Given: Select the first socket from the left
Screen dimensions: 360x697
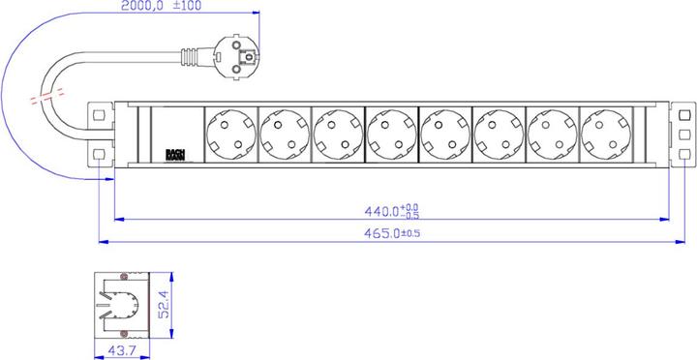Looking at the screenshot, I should coord(230,135).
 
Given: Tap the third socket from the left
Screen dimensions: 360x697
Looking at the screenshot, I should coord(338,135).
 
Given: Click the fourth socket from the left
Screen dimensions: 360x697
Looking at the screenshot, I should coord(391,135).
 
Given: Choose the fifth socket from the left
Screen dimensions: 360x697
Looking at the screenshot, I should coord(445,135).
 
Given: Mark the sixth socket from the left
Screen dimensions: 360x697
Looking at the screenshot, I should coord(499,135).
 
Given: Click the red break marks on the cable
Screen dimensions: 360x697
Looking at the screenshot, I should coord(46,99).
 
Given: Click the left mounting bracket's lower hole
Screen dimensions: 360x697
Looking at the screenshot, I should coord(96,155).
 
